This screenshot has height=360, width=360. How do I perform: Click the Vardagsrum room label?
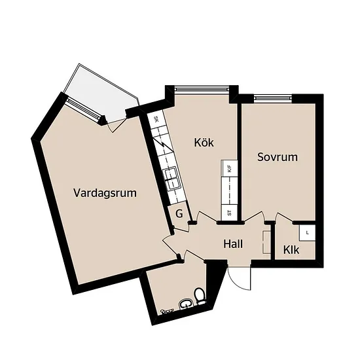105,193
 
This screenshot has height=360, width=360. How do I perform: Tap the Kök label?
204,142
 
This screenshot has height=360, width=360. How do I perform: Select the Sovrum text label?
278,157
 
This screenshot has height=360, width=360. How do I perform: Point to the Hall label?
233,244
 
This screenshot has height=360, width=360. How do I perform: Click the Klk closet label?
291,250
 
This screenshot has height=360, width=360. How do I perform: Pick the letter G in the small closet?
179,214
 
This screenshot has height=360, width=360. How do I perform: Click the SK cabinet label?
156,119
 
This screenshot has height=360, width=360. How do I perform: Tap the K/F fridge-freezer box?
229,168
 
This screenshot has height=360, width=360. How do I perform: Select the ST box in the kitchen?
229,212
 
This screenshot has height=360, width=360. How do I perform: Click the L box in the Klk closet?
307,233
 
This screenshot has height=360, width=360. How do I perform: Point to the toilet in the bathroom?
200,296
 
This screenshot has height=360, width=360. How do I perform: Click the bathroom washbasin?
186,304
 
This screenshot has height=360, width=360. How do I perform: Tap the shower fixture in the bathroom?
167,311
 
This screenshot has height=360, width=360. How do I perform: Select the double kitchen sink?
171,179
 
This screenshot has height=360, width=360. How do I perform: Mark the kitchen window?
202,88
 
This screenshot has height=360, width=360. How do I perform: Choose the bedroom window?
273,98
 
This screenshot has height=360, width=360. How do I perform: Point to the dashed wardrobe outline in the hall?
266,242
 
